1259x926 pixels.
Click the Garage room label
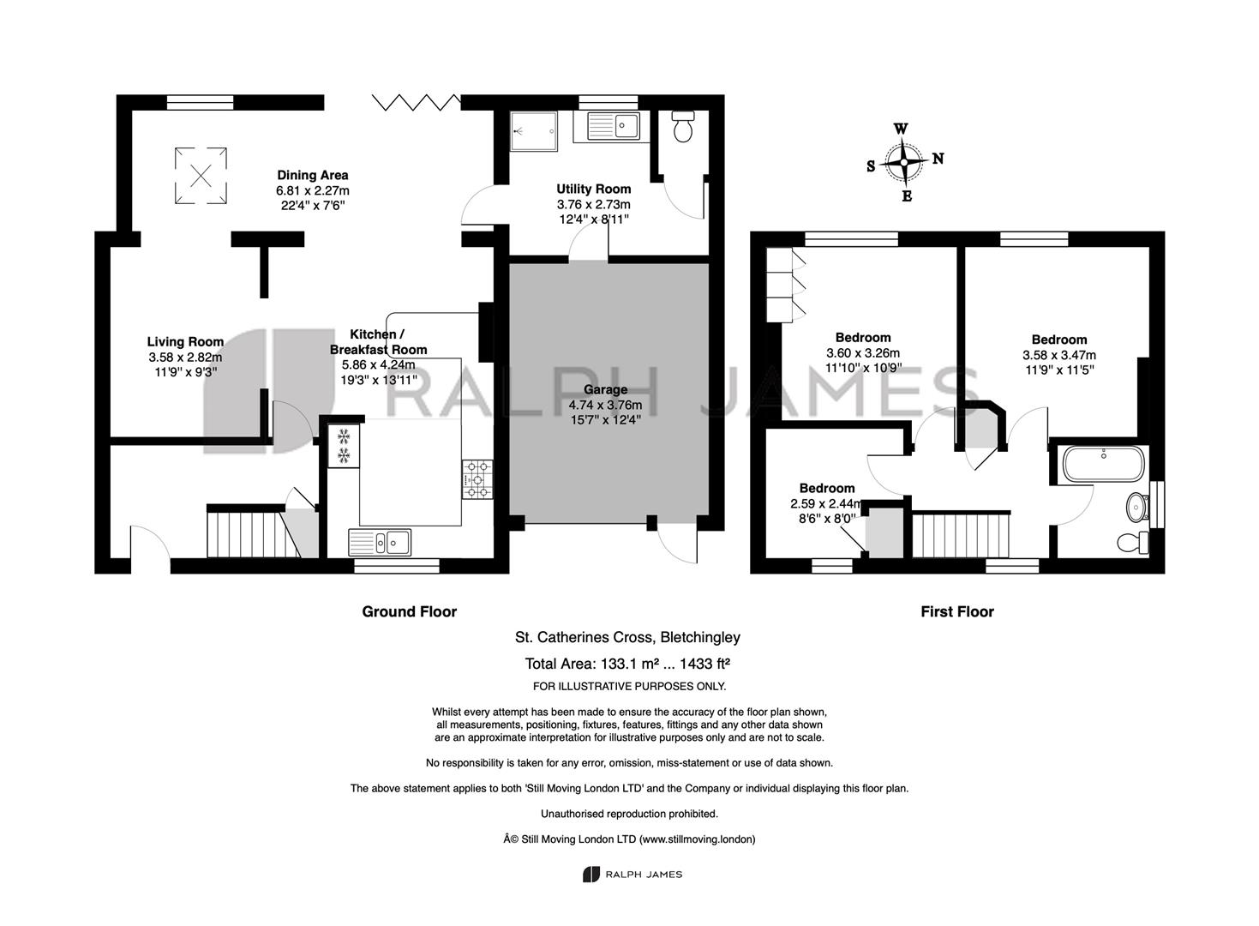point(605,389)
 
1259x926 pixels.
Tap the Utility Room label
point(594,189)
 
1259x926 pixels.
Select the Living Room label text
point(185,342)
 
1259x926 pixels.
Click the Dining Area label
point(313,176)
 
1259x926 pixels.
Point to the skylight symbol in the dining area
point(201,176)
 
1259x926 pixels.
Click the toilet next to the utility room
point(683,126)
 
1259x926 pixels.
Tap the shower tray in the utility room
point(534,131)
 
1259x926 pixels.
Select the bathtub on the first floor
point(1103,464)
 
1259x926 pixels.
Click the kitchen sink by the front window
point(380,543)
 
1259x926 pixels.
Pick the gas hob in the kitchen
point(477,479)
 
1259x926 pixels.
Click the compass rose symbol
point(904,162)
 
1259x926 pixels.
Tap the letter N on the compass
point(938,159)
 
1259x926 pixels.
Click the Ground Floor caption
point(409,611)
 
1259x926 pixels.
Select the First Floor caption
point(957,611)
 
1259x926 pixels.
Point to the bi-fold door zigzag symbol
point(417,102)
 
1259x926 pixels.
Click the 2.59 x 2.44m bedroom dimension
point(825,504)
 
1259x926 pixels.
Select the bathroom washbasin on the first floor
point(1137,508)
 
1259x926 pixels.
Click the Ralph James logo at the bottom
point(632,875)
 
